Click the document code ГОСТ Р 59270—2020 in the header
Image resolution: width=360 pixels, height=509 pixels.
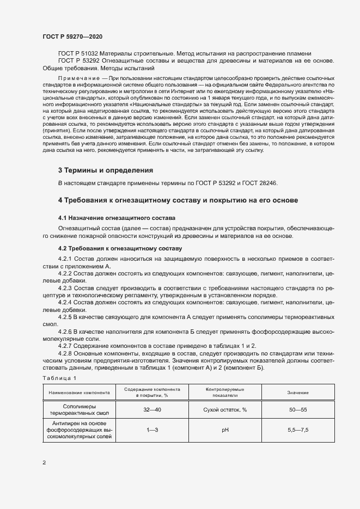coord(72,36)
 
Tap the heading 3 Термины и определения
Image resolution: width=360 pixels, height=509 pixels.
coord(101,170)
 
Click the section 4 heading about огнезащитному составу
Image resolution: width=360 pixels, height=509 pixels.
coord(178,200)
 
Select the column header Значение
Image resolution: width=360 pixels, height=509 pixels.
coord(298,393)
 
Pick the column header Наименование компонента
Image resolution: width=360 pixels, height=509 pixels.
coord(80,393)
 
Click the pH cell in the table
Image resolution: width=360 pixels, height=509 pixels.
coord(224,430)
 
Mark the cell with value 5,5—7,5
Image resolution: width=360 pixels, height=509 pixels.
coord(298,430)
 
